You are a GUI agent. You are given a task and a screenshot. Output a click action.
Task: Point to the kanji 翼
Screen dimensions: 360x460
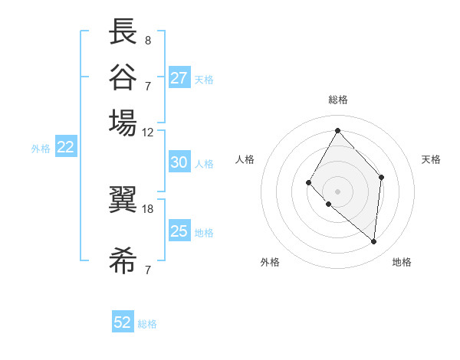(x=123, y=205)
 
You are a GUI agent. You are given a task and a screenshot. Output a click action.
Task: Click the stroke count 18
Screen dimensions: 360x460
(x=148, y=208)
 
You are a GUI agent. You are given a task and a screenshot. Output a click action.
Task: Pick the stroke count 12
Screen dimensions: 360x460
(x=148, y=132)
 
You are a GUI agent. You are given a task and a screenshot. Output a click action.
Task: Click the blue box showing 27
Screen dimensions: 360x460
(x=179, y=78)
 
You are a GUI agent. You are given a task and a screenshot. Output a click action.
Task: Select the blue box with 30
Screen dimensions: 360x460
(x=179, y=162)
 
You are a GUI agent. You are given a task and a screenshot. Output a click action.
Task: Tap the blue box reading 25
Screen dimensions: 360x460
(x=179, y=231)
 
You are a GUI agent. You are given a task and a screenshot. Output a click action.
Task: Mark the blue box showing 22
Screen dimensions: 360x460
(x=65, y=148)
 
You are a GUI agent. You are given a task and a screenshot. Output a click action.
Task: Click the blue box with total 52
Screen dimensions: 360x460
(x=123, y=322)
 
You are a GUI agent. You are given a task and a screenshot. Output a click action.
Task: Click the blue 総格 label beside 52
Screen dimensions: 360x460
(x=147, y=324)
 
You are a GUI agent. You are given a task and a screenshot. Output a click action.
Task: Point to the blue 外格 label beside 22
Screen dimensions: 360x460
(x=41, y=149)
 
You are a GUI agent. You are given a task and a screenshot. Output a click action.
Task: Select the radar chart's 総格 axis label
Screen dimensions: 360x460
(x=337, y=100)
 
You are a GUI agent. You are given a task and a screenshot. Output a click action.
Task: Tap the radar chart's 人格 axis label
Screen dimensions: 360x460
(x=245, y=159)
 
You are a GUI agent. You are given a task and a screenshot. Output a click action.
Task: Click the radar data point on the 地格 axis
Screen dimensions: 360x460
(x=374, y=242)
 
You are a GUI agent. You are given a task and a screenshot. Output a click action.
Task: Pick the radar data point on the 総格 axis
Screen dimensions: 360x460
(x=337, y=130)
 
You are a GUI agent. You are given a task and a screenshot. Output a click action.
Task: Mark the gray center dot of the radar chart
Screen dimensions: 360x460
(x=337, y=191)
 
